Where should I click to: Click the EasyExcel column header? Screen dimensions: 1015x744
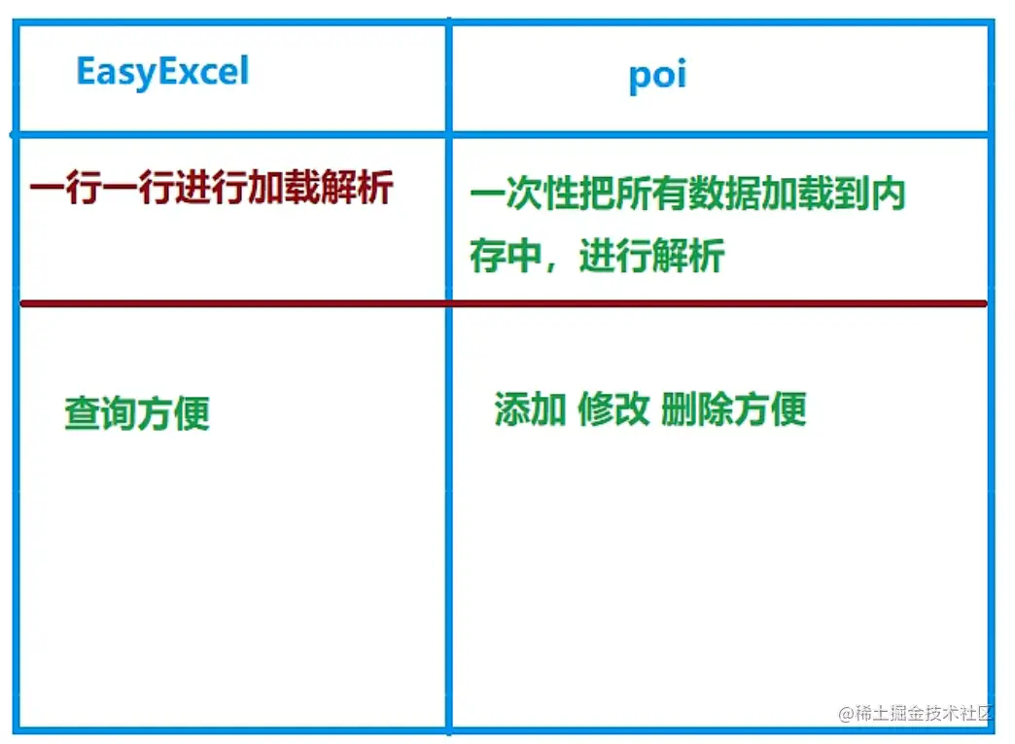[162, 71]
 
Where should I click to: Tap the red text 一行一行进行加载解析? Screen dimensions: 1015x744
[212, 188]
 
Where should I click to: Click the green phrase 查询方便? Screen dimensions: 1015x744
[137, 413]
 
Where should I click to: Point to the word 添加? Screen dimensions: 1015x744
[530, 408]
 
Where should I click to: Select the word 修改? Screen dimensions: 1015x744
[613, 408]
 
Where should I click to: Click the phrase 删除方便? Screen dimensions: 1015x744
[733, 408]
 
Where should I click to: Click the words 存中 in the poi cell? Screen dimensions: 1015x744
[506, 255]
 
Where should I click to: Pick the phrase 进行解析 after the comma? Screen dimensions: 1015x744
[651, 255]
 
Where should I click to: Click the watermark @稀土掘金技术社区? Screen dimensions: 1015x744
[915, 713]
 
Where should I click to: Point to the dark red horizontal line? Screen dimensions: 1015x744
[504, 303]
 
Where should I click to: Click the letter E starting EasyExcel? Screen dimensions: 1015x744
[87, 71]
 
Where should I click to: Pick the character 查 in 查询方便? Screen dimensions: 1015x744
[83, 413]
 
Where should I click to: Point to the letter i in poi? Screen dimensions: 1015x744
[681, 75]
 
